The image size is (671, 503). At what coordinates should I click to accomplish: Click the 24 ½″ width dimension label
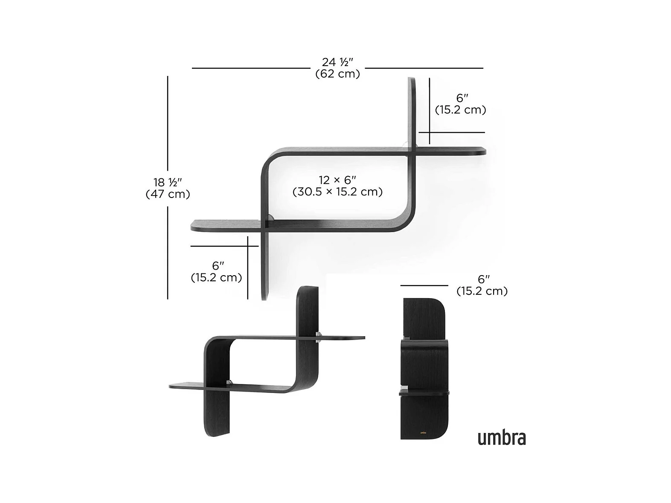pos(337,62)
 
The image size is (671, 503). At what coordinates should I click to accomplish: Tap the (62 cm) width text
pos(337,74)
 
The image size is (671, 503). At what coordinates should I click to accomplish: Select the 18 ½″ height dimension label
pos(168,183)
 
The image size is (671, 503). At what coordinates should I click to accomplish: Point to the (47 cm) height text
pos(168,194)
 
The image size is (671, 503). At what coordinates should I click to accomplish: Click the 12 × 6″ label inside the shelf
pos(337,180)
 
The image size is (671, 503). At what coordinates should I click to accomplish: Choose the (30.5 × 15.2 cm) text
pos(337,192)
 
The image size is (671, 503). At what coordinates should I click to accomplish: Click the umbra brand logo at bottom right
pos(502,438)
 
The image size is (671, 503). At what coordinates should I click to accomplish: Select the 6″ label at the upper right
pos(462,98)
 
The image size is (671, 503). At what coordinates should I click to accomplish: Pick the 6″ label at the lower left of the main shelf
pos(218,266)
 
